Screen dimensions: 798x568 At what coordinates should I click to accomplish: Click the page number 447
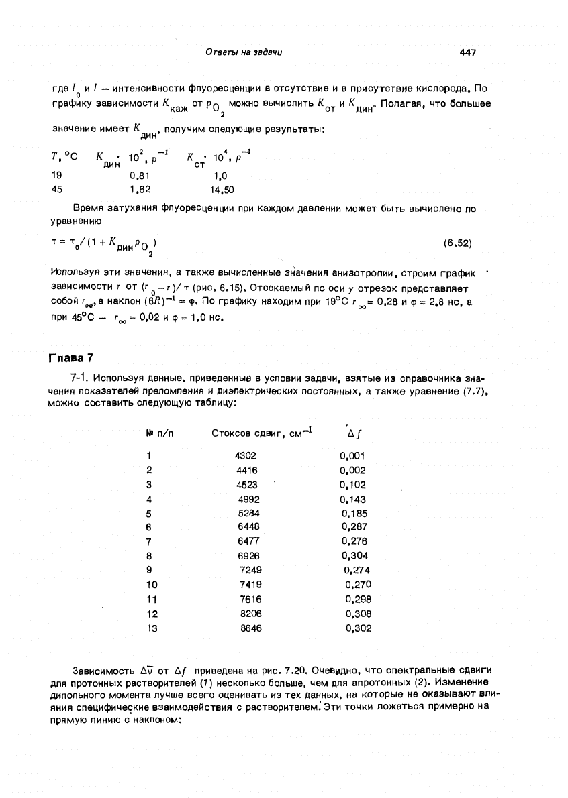point(468,53)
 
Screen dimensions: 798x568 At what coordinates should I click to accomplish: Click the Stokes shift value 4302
point(246,455)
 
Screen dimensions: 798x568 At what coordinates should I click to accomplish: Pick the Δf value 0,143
point(352,499)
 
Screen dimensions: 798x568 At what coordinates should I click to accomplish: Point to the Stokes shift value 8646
point(251,628)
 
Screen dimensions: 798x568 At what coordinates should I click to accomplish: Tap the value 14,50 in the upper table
point(222,190)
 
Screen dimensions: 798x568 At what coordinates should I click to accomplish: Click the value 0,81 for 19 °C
point(139,175)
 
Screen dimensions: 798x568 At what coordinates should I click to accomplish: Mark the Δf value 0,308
point(358,614)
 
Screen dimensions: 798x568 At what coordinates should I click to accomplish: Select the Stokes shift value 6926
point(249,556)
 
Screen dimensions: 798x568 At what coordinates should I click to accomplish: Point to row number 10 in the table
point(151,585)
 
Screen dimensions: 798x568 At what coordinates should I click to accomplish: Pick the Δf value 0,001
point(352,455)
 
